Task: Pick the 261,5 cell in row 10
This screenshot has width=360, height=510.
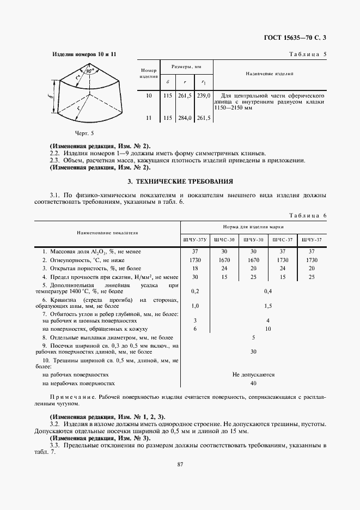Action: click(185, 95)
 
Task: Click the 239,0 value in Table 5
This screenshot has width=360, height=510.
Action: click(203, 95)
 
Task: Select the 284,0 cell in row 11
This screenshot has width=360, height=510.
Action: click(185, 118)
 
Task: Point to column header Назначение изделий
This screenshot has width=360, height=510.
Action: click(270, 73)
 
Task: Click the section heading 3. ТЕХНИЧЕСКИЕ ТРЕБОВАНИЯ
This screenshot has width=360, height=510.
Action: click(180, 180)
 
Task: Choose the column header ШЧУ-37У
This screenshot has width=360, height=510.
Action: click(194, 240)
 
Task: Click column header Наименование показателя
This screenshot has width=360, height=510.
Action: click(107, 233)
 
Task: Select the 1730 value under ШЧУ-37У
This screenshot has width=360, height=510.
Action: click(194, 260)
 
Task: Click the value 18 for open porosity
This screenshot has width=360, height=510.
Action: click(194, 269)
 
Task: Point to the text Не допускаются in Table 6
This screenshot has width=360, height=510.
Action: click(253, 375)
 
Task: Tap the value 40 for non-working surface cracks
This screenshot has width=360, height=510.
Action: click(253, 383)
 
